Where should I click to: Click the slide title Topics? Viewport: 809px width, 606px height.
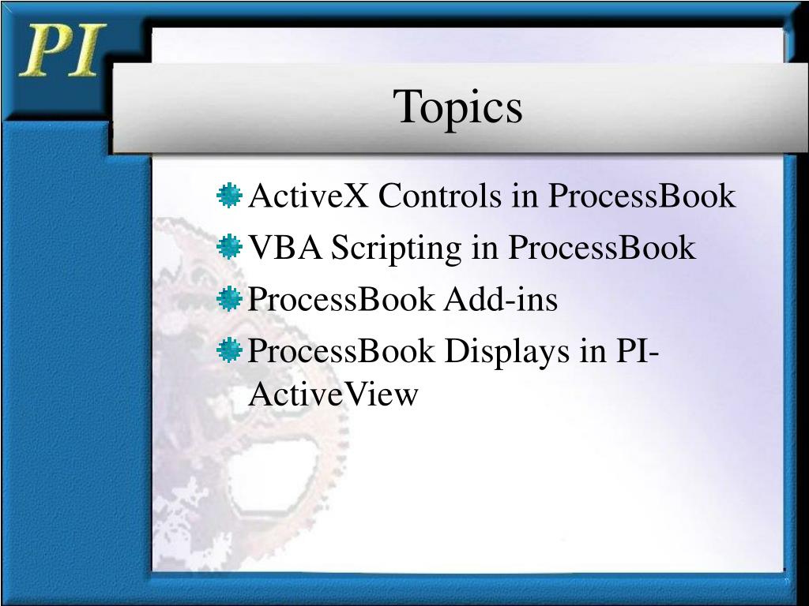point(459,107)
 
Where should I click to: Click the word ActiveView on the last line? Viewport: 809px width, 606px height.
point(333,393)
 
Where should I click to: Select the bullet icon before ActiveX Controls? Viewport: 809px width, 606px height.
point(229,195)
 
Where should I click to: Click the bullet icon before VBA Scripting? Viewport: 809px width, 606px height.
point(229,247)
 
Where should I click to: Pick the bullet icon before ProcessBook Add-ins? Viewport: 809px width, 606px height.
point(229,298)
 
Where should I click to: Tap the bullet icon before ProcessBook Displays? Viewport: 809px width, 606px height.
point(229,350)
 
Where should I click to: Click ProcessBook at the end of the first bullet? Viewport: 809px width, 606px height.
point(642,196)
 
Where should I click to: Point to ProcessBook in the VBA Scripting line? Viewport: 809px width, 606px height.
point(601,248)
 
